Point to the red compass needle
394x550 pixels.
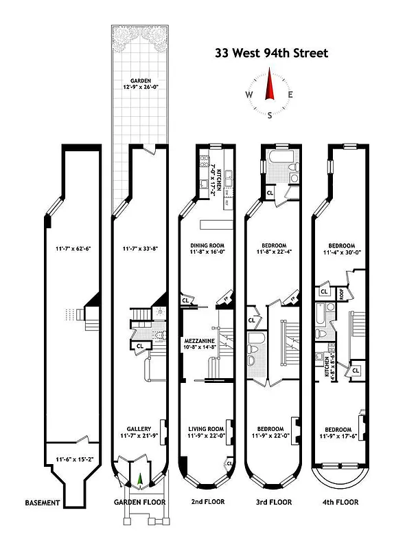pos(270,88)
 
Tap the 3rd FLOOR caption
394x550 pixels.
pos(272,503)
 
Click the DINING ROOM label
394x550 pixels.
pos(207,245)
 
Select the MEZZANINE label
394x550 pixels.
pos(200,340)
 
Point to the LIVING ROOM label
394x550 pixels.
pos(207,429)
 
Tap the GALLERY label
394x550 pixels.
pos(139,429)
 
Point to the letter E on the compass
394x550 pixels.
pos(291,95)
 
